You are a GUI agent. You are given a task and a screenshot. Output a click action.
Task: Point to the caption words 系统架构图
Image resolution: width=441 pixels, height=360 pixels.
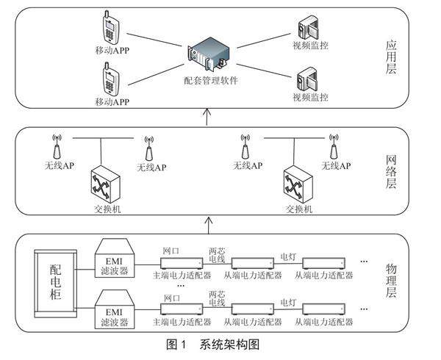pyautogui.click(x=229, y=344)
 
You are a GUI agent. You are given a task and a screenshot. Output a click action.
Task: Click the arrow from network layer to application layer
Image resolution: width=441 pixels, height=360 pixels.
pyautogui.click(x=207, y=115)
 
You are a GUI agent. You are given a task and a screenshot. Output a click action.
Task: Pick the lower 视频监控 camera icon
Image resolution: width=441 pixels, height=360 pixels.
pyautogui.click(x=305, y=77)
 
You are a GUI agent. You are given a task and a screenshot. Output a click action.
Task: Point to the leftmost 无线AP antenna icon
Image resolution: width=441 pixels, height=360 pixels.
pyautogui.click(x=58, y=144)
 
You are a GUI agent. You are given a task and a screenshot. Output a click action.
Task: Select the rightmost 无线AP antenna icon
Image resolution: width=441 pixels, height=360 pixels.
pyautogui.click(x=334, y=144)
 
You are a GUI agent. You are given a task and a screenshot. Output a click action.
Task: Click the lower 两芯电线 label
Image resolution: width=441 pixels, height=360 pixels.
pyautogui.click(x=217, y=298)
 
